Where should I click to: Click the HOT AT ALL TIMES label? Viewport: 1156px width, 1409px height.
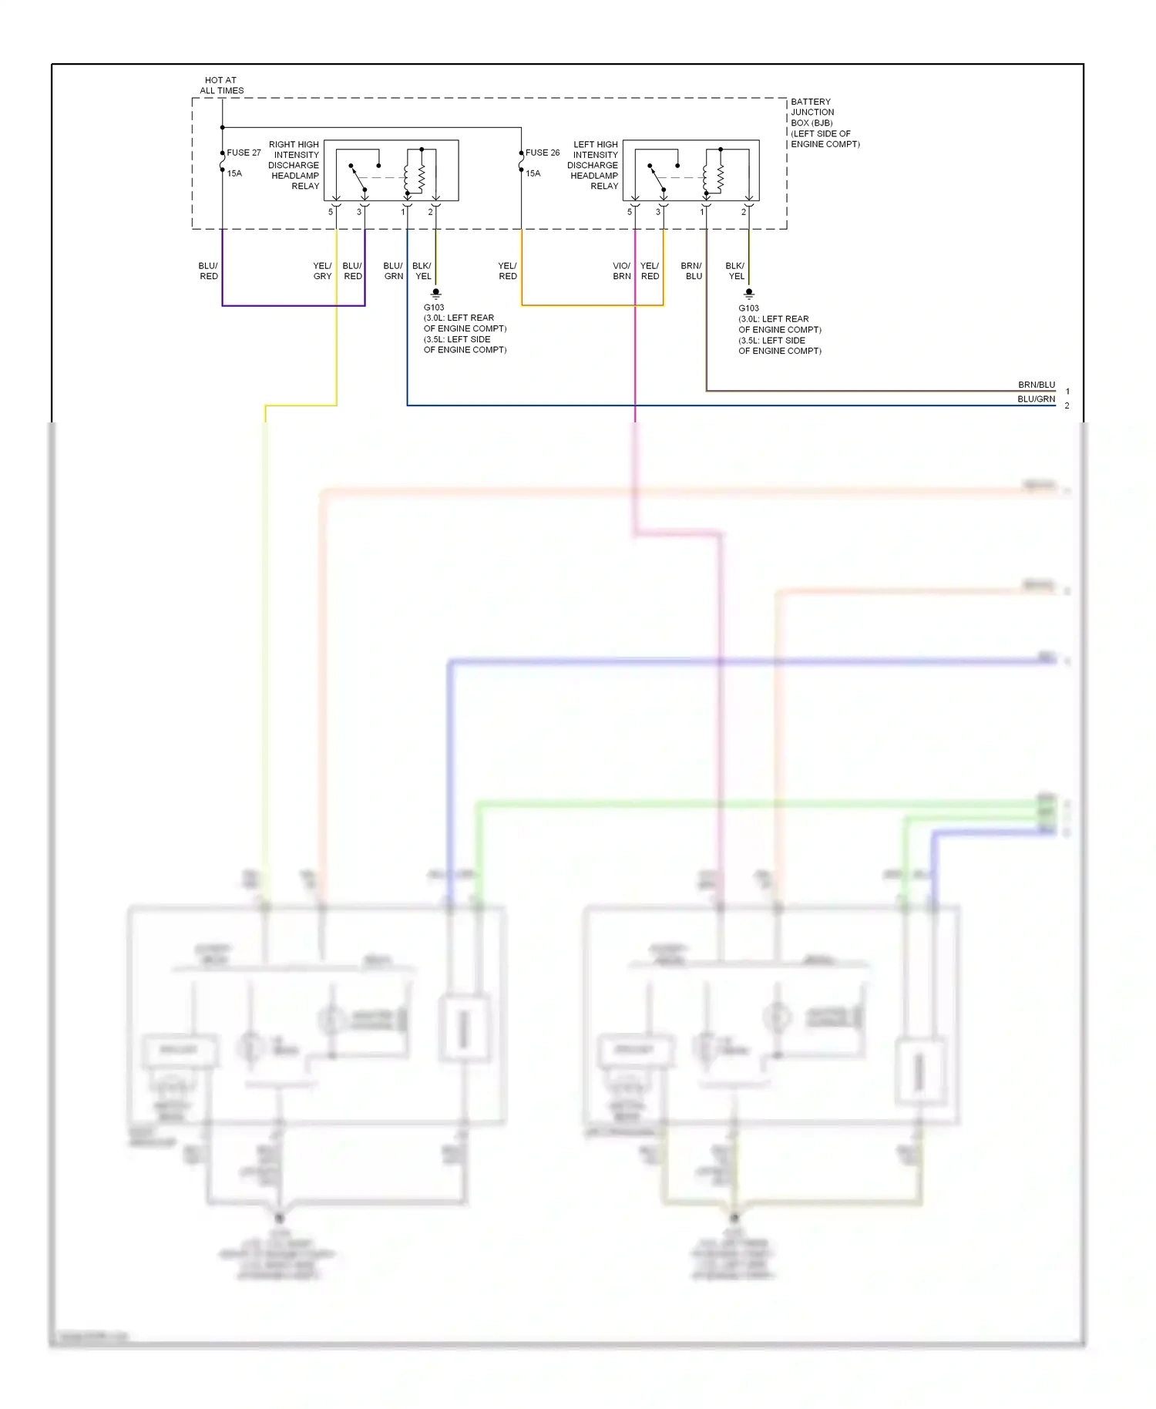tap(221, 85)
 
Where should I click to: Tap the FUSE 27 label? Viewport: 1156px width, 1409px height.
tap(244, 153)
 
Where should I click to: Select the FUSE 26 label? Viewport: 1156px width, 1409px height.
tap(543, 153)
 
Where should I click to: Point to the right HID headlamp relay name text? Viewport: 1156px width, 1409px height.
tap(294, 165)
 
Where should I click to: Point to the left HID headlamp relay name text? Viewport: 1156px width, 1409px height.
tap(593, 165)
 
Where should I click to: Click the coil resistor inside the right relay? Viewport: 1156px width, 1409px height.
tap(422, 177)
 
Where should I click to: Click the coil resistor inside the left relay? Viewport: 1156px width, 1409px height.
tap(721, 177)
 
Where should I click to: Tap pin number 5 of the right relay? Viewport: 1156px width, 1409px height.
tap(331, 212)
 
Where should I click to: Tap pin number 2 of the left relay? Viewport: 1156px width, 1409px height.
tap(744, 212)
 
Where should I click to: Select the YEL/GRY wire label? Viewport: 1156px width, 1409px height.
tap(322, 271)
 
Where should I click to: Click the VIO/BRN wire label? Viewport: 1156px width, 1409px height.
tap(621, 271)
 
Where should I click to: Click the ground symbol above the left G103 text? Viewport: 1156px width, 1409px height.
tap(435, 294)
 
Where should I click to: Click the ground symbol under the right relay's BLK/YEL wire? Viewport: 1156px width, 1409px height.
tap(748, 294)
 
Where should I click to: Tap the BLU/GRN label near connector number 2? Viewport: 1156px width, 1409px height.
tap(1036, 399)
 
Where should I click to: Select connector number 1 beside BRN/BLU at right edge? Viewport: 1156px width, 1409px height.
tap(1067, 392)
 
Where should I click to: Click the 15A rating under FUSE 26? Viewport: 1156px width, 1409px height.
tap(533, 173)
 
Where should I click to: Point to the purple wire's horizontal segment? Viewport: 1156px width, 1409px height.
tap(293, 305)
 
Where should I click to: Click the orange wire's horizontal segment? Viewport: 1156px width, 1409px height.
tap(592, 305)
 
